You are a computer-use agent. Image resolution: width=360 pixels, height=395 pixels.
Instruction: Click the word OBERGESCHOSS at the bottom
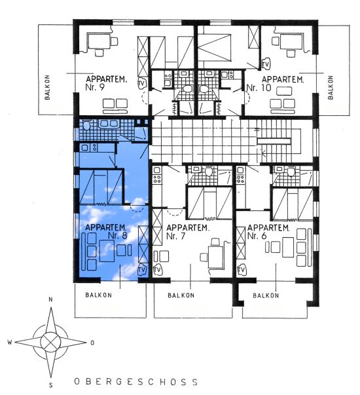136,382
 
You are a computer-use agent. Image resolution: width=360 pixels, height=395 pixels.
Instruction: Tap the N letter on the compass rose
50,299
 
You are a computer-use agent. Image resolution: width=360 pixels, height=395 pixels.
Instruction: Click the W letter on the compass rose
10,342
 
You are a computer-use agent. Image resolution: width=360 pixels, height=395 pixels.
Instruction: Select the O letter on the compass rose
92,343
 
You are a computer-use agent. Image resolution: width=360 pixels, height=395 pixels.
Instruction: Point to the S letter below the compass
51,385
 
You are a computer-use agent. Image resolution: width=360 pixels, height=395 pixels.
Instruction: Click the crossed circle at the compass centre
51,342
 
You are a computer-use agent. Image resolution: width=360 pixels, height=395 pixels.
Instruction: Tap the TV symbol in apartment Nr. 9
142,83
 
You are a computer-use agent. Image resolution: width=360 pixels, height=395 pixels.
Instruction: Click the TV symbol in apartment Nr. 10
265,64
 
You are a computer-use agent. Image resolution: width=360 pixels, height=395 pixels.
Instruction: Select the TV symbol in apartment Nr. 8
142,270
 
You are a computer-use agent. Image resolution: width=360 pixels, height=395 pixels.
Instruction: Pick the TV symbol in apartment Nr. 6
241,271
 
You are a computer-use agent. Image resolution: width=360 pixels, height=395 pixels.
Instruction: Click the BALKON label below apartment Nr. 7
181,295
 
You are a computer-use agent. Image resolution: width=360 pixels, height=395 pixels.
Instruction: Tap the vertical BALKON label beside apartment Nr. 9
47,87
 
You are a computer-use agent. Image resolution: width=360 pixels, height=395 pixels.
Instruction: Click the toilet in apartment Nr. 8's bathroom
86,126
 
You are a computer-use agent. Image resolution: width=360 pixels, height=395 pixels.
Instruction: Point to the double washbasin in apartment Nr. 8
109,124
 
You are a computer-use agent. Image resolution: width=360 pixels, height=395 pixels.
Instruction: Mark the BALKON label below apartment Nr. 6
266,295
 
